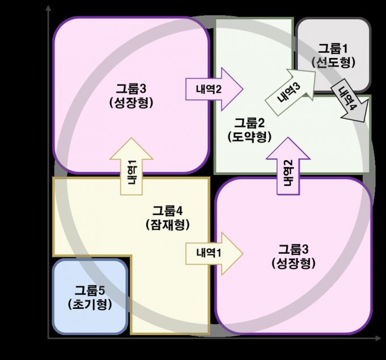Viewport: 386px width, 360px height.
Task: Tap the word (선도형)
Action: tap(333, 62)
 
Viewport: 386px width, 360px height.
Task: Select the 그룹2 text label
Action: tap(249, 123)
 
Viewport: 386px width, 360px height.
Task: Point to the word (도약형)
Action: tap(249, 137)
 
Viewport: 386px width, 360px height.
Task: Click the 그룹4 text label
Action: tap(167, 211)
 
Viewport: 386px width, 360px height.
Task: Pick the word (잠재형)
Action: tap(167, 224)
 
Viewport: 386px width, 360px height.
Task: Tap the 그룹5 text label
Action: tap(90, 290)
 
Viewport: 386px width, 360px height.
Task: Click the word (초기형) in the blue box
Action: tap(90, 304)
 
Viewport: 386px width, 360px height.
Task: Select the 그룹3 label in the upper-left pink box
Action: tap(132, 89)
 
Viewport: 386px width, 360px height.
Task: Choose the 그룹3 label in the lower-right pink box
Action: tap(293, 249)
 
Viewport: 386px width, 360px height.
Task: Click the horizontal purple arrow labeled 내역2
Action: tap(215, 89)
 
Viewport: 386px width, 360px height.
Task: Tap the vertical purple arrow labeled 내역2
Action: tap(288, 166)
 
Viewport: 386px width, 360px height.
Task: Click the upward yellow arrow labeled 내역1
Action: tap(132, 166)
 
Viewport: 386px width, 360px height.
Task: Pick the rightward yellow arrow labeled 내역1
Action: tap(215, 254)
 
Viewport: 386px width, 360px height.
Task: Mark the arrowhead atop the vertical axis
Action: tap(49, 8)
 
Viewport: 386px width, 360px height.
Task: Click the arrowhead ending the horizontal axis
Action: tap(378, 338)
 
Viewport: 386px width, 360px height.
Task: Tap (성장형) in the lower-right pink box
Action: tap(293, 263)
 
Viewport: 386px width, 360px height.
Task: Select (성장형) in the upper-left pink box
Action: tap(131, 102)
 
